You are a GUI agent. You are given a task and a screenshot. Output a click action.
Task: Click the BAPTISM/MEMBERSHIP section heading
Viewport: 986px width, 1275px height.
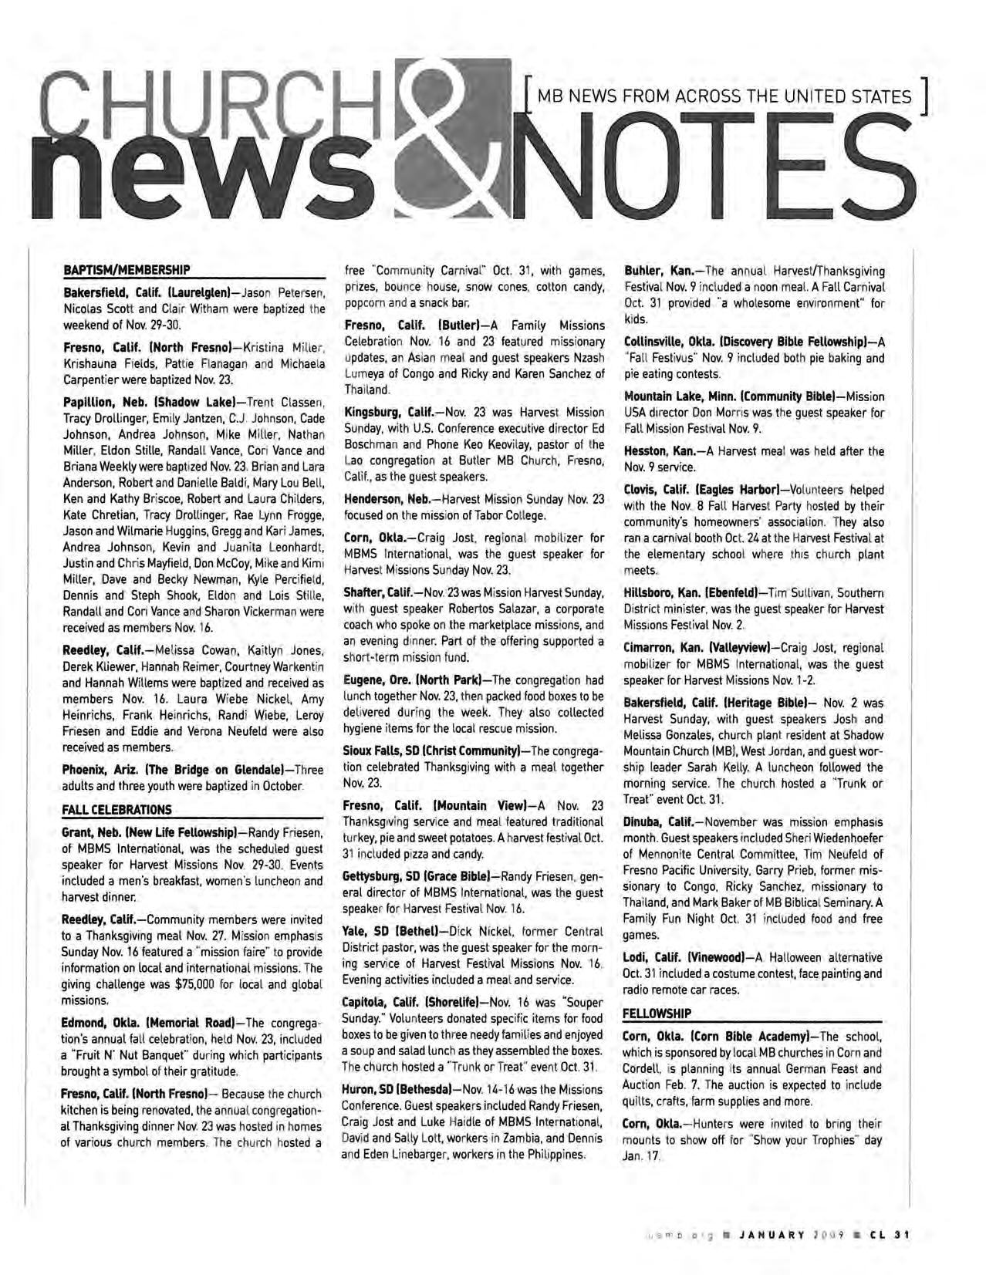(x=126, y=270)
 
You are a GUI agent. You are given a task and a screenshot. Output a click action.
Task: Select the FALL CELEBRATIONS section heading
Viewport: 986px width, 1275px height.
(x=117, y=810)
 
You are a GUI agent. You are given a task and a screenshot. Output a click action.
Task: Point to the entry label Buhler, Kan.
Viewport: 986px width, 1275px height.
(x=657, y=271)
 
